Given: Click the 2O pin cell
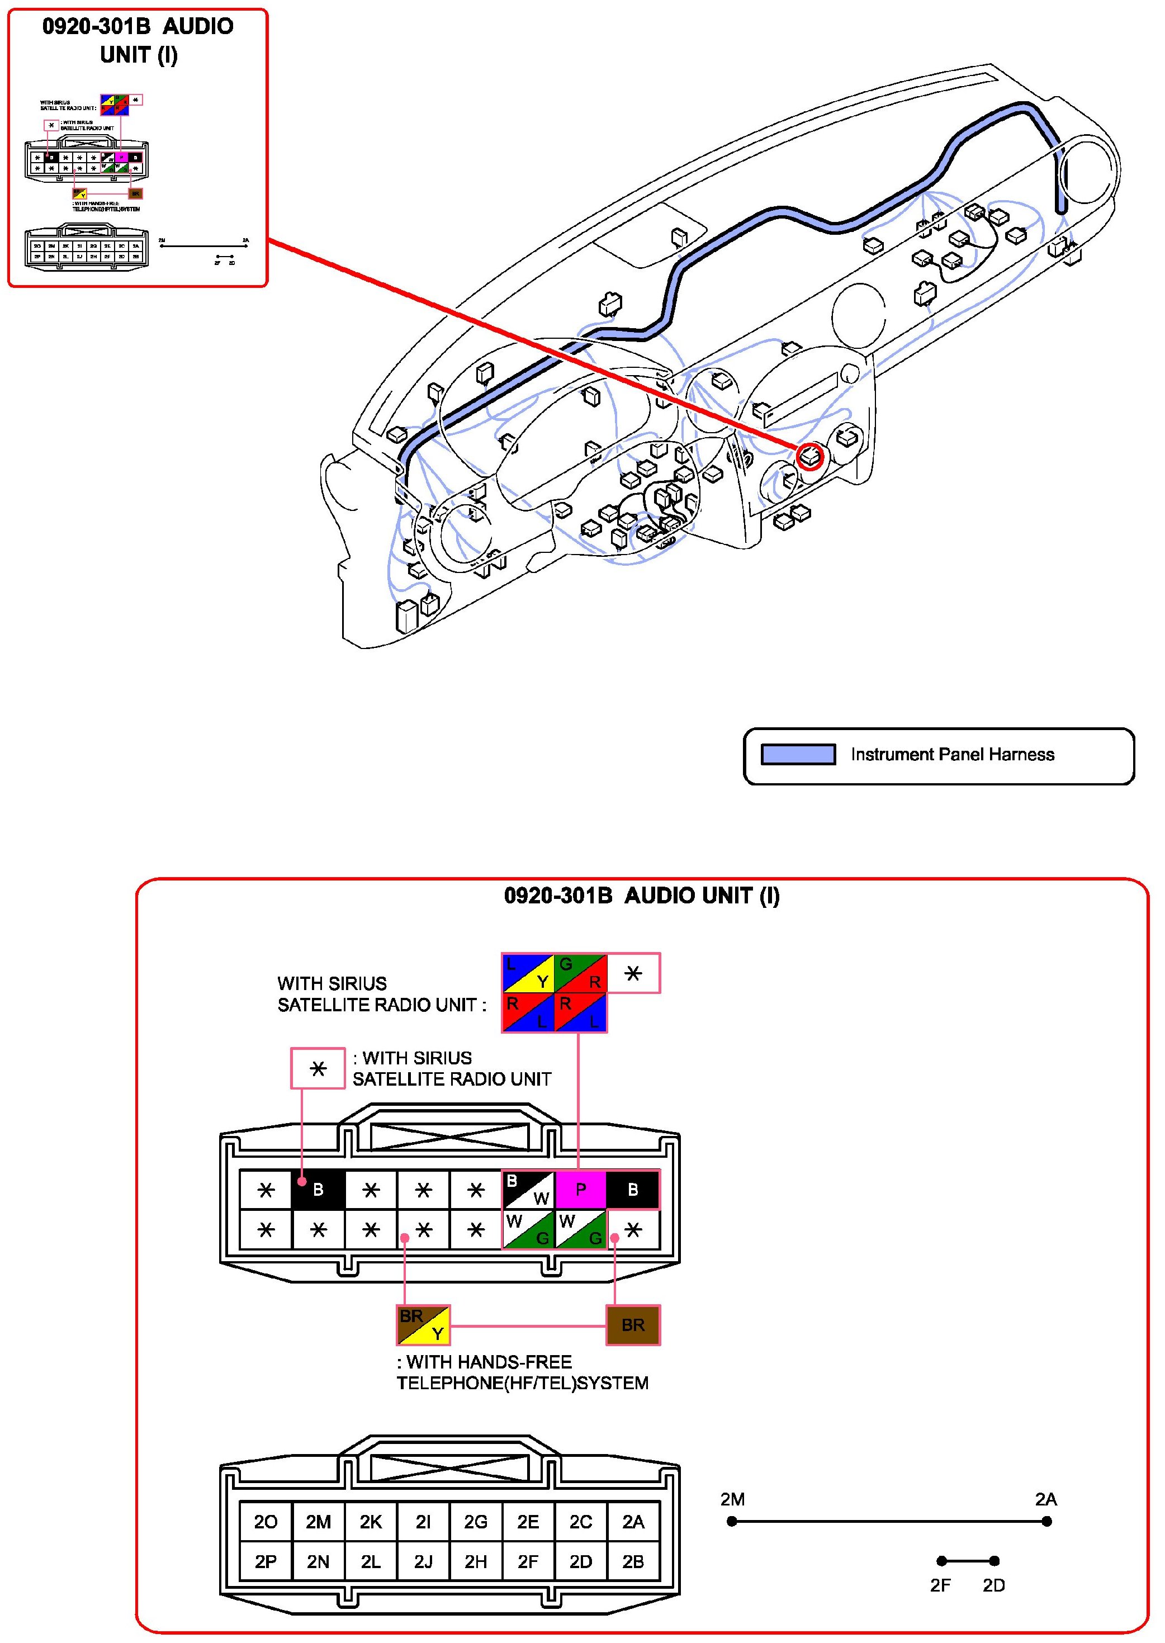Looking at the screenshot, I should point(266,1522).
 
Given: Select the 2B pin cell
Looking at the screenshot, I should point(633,1561).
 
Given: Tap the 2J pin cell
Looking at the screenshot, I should point(423,1561).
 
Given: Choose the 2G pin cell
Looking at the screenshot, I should point(476,1522).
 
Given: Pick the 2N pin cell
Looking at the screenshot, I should point(318,1561).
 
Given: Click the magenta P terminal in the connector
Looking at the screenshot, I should point(580,1190).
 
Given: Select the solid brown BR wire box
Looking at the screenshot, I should point(633,1324).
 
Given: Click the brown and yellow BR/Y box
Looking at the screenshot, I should point(423,1324).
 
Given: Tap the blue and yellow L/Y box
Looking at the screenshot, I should point(528,973).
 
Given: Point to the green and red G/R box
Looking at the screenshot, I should point(580,973).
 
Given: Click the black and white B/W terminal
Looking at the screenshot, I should point(528,1190).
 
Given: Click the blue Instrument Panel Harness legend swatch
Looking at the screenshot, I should point(798,754).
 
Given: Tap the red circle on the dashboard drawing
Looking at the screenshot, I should point(809,456).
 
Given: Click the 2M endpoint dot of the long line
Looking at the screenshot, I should point(732,1521).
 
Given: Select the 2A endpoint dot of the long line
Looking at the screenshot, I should point(1046,1521).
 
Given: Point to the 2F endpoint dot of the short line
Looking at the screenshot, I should point(941,1560).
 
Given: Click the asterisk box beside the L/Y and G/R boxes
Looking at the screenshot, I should point(633,973).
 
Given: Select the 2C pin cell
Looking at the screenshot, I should point(580,1522).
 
